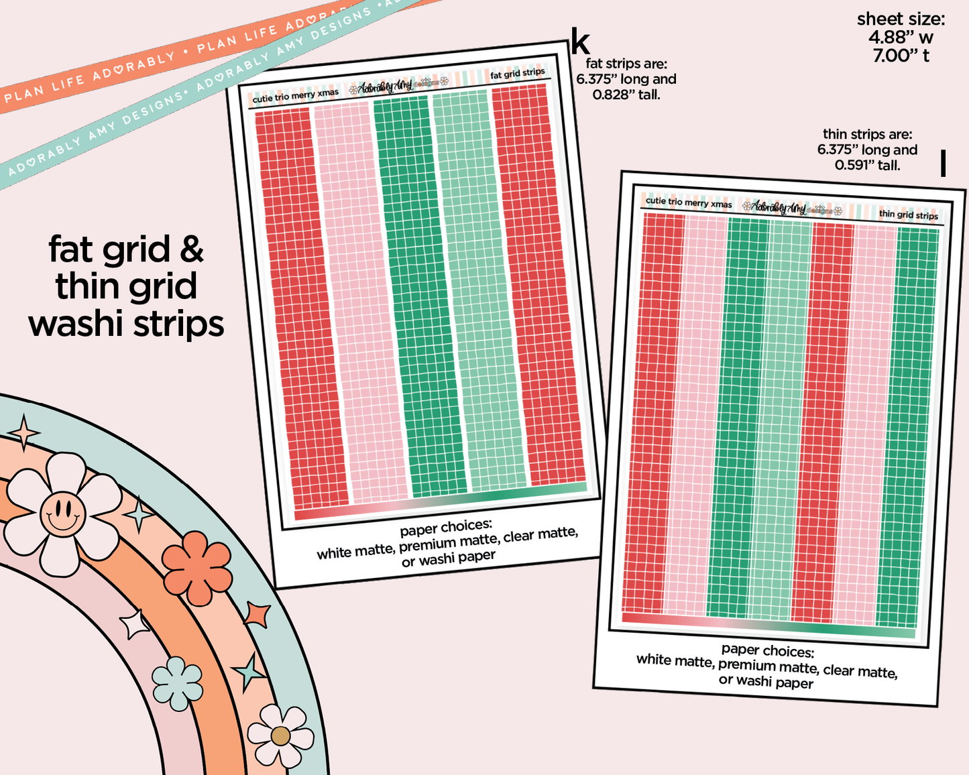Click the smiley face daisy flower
pos(62,514)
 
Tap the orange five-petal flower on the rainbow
pos(197,568)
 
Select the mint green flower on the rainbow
pos(177,683)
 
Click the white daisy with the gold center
pos(280,735)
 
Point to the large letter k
pos(580,43)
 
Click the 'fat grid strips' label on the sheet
pos(517,73)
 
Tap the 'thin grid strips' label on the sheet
pos(908,215)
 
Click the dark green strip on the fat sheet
pos(419,295)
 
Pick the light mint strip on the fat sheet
pos(479,292)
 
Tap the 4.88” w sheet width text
pos(901,38)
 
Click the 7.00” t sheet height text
pos(901,56)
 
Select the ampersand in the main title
pos(191,249)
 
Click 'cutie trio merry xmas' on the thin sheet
pos(689,202)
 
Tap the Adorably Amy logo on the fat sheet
pos(386,88)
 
